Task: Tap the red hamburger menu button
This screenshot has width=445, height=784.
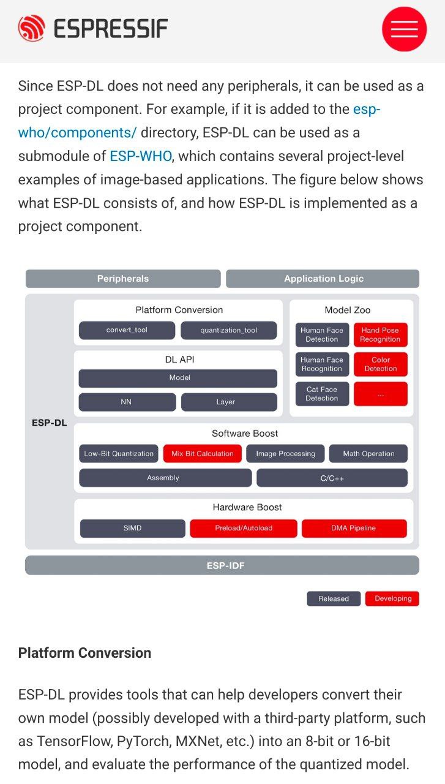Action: pos(404,29)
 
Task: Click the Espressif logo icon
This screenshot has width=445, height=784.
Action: pos(31,28)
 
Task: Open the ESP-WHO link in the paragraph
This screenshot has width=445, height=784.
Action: pos(140,156)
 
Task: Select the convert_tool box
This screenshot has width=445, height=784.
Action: pos(127,330)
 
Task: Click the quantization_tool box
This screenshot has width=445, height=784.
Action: pos(228,330)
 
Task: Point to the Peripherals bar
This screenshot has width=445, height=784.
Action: pos(122,279)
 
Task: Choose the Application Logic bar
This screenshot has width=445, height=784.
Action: pos(323,279)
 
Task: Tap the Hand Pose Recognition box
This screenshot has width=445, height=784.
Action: pos(380,334)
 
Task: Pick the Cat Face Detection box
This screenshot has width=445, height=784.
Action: pos(322,394)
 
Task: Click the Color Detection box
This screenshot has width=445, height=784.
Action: pos(380,364)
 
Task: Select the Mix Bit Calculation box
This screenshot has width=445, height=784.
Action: pos(203,454)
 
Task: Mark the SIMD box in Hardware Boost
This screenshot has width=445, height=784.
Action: pos(132,528)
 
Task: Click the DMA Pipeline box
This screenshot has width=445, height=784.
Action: pos(354,528)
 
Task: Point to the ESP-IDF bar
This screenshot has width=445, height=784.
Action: pos(222,565)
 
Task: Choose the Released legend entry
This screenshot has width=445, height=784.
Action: pos(334,598)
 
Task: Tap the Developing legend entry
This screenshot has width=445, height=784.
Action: pos(392,598)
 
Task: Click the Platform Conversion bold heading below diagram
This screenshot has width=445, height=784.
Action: pos(84,653)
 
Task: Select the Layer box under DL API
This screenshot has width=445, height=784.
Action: pos(226,402)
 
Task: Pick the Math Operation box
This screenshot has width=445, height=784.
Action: pos(368,454)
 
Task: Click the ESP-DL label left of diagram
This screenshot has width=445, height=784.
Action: pos(49,423)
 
